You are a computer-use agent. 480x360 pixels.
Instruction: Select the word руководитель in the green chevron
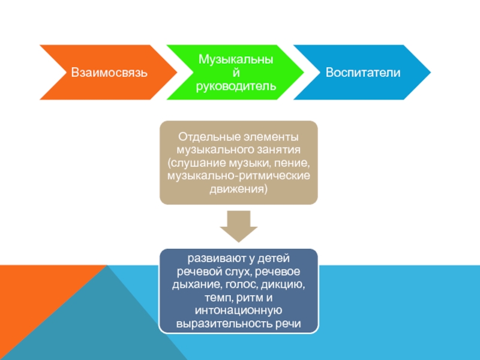236,86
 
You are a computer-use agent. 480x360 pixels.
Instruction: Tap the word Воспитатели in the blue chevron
363,73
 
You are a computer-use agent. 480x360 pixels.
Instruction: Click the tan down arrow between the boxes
238,226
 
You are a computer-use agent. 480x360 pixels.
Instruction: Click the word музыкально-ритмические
238,176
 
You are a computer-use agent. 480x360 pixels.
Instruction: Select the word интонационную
238,311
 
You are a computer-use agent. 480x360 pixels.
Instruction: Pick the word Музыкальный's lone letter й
236,73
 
